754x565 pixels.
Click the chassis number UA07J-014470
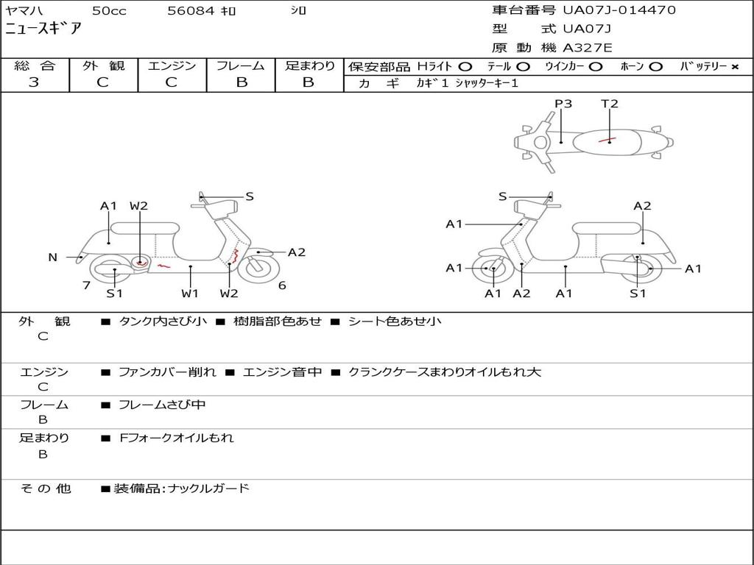(619, 10)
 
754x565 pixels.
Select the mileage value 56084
(190, 11)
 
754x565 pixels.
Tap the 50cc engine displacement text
(108, 11)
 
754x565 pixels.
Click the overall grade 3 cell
(34, 82)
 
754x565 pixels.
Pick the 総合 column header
(34, 65)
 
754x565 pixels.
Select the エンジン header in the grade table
(172, 65)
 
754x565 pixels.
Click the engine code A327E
(587, 49)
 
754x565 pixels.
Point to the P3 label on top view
(563, 104)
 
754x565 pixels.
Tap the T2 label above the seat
(610, 104)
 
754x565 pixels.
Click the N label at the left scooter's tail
(52, 257)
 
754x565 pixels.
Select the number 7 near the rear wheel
(86, 285)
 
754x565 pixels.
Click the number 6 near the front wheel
(282, 285)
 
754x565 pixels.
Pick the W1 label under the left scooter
(190, 294)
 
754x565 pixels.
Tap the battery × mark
(734, 66)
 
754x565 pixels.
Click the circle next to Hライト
(465, 66)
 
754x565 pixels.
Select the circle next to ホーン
(655, 66)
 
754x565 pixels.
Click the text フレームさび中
(162, 405)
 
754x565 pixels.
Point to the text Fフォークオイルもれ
(177, 438)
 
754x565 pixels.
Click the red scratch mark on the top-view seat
(607, 139)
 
